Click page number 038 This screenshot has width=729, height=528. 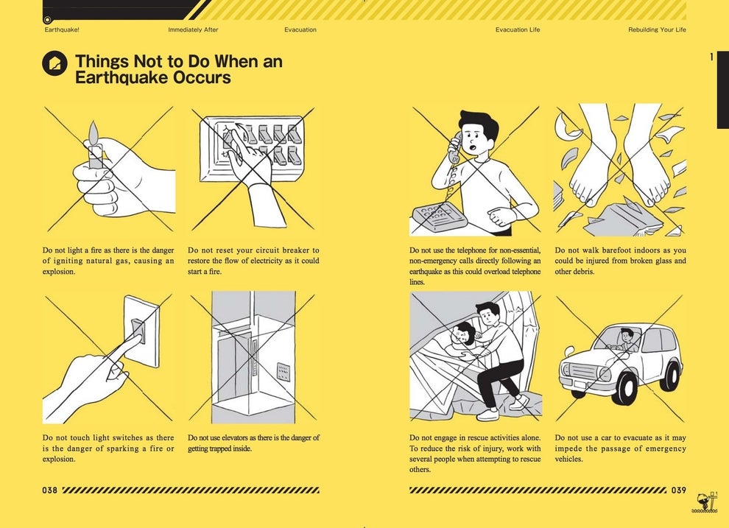(50, 490)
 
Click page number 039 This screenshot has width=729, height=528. (678, 490)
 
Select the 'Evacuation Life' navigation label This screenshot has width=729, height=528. (517, 30)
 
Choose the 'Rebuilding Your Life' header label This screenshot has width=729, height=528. (657, 30)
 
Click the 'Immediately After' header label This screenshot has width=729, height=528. (193, 30)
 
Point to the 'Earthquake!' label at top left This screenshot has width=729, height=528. (62, 30)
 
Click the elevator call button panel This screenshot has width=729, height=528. (283, 371)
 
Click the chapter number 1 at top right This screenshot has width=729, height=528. (711, 57)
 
